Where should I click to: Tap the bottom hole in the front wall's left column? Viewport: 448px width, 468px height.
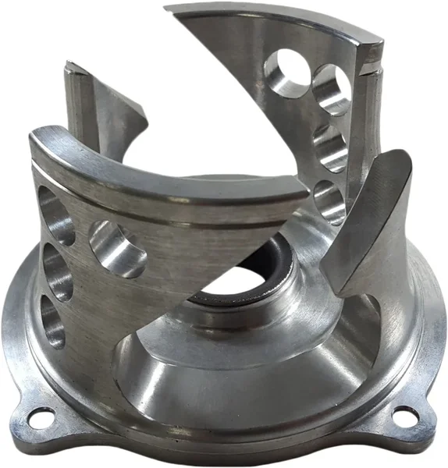pyautogui.click(x=52, y=321)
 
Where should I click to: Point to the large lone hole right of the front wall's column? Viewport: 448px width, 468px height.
pyautogui.click(x=117, y=248)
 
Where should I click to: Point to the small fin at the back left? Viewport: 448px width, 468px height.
pyautogui.click(x=109, y=109)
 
